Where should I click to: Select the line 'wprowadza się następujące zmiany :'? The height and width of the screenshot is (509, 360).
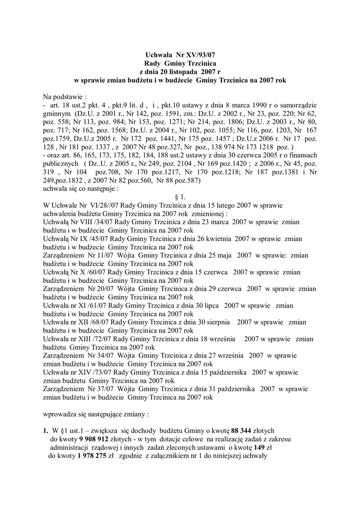click(x=96, y=414)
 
